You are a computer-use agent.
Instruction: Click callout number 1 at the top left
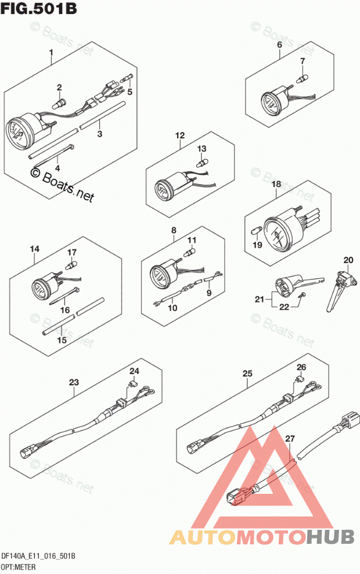[51, 56]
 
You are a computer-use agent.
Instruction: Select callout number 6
[279, 45]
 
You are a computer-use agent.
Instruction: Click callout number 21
[259, 300]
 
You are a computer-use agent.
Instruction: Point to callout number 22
[283, 307]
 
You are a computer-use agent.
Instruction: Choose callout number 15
[62, 340]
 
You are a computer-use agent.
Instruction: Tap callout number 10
[172, 308]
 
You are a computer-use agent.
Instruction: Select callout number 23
[73, 382]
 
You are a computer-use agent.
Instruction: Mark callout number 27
[290, 439]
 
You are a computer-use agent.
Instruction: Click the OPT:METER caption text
[20, 566]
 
